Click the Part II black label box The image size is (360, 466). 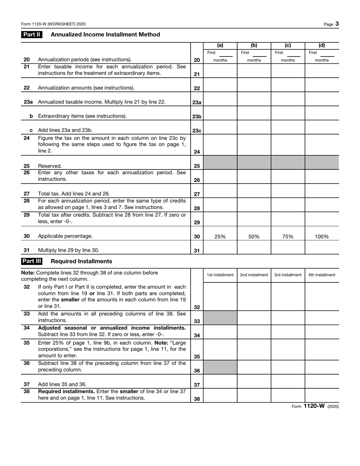click(31, 35)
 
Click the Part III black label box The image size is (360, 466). click(32, 261)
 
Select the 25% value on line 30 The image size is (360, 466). click(220, 237)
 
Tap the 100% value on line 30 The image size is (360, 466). click(322, 237)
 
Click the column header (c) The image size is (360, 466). click(288, 46)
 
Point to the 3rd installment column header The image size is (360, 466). click(288, 275)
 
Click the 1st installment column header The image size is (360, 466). click(220, 275)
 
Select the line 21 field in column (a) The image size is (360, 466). click(220, 71)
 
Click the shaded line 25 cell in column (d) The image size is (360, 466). click(322, 162)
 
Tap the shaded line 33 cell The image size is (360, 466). click(220, 318)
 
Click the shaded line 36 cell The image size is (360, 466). click(220, 367)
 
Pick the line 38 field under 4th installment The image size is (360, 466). click(322, 395)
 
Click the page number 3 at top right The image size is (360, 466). click(337, 24)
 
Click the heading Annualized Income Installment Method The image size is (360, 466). click(105, 35)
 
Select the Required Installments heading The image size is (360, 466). click(81, 261)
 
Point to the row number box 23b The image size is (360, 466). click(197, 116)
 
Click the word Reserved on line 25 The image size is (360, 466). click(50, 166)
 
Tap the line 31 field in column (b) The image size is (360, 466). click(254, 247)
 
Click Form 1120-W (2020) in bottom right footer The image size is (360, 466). click(315, 406)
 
